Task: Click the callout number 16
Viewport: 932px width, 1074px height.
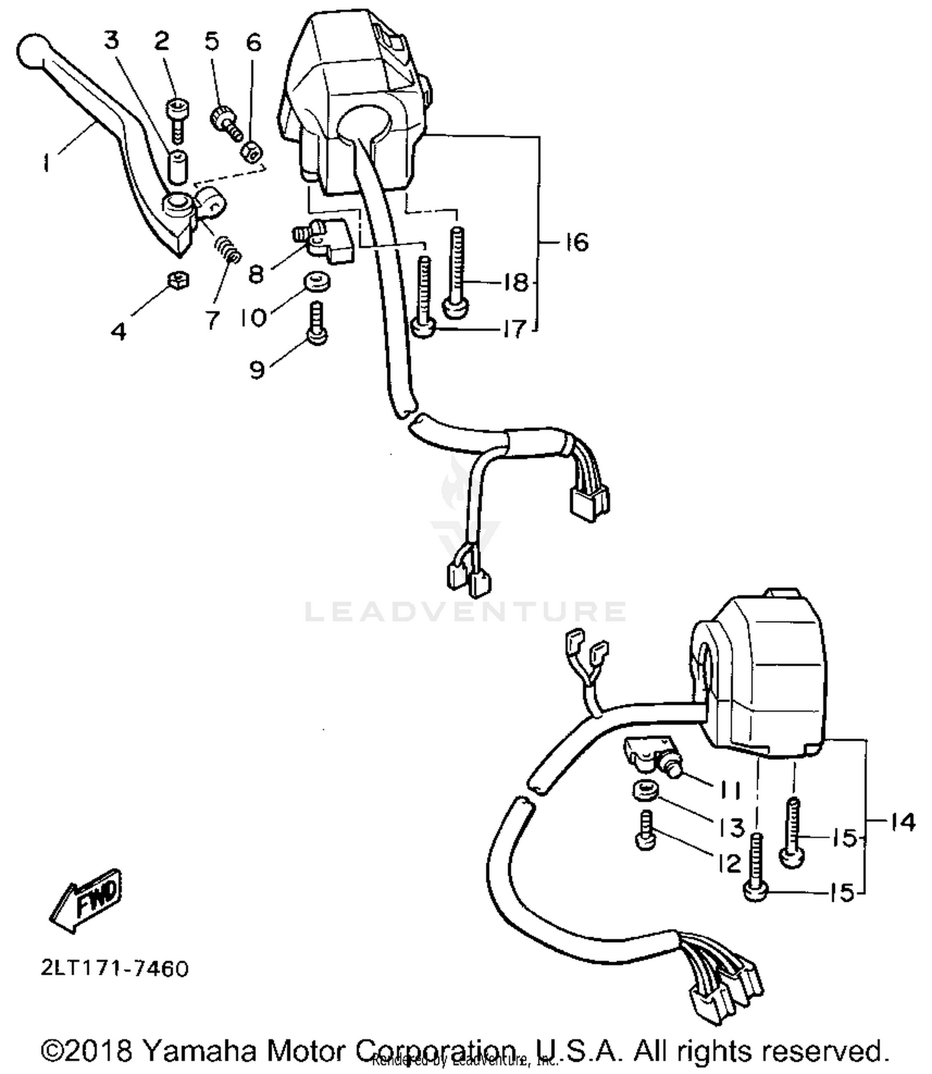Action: click(x=577, y=242)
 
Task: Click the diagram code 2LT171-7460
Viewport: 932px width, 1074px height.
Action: click(x=114, y=968)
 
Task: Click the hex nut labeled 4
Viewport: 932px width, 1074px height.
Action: click(x=178, y=281)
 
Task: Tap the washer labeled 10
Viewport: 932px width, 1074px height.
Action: click(x=317, y=281)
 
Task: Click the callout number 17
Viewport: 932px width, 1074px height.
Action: click(x=514, y=329)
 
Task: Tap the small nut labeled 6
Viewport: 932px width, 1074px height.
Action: click(x=252, y=151)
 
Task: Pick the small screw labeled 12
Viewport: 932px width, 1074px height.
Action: click(x=646, y=831)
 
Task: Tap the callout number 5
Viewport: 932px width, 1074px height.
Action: click(x=212, y=42)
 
